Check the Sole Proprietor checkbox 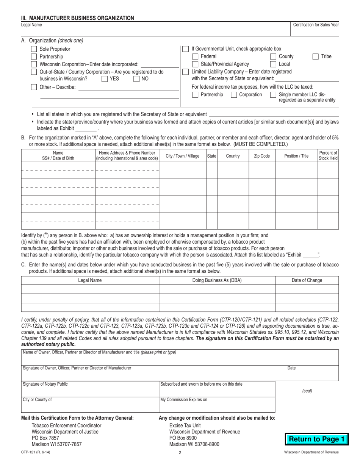click(34, 49)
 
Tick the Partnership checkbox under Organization click(34, 56)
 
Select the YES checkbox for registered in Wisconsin click(105, 79)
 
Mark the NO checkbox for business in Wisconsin click(136, 79)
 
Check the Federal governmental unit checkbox click(195, 56)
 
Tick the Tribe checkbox click(315, 56)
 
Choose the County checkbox click(273, 56)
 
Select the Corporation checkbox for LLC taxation click(234, 95)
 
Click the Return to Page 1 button click(316, 439)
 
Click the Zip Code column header click(261, 156)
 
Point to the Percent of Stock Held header click(328, 156)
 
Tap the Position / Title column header click(296, 156)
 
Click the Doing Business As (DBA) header click(217, 280)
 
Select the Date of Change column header click(307, 280)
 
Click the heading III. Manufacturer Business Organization click(77, 18)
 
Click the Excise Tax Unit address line click(185, 425)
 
